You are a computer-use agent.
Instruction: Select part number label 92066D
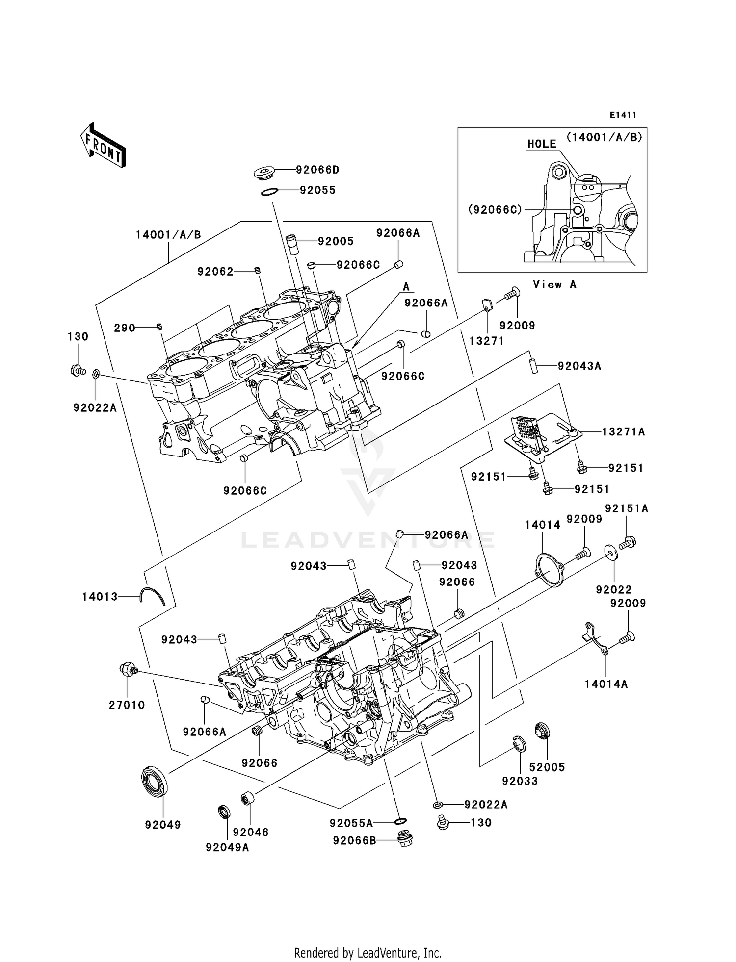click(x=317, y=170)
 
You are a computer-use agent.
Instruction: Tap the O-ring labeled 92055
click(x=269, y=191)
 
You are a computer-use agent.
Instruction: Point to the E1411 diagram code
click(x=623, y=115)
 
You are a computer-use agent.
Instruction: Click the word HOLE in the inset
click(x=542, y=144)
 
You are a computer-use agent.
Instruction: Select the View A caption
click(x=554, y=284)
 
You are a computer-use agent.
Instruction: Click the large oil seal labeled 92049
click(x=155, y=781)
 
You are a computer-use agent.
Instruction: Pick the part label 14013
click(x=100, y=597)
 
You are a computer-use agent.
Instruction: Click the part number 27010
click(x=127, y=705)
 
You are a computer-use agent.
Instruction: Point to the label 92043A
click(x=579, y=366)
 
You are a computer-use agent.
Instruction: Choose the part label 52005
click(x=547, y=767)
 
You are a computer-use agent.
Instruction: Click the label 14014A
click(x=606, y=684)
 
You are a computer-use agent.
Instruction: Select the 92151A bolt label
click(x=627, y=509)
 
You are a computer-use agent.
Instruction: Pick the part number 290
click(x=125, y=328)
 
